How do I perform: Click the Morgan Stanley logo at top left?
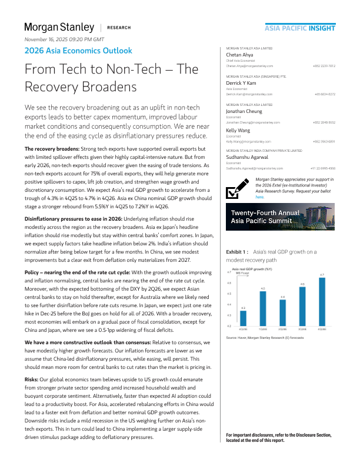tap(59, 27)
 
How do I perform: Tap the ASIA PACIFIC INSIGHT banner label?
tap(300, 28)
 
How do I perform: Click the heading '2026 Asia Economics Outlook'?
tap(78, 51)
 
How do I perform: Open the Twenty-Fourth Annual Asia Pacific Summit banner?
tap(281, 217)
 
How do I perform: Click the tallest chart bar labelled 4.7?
tap(322, 302)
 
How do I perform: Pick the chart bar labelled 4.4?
tap(282, 313)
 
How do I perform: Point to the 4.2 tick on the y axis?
tap(230, 325)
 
